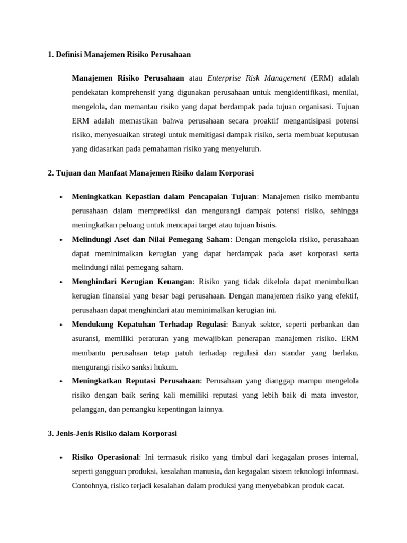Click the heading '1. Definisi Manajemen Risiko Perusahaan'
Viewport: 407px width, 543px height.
[119, 55]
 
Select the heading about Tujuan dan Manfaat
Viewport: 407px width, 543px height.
[151, 172]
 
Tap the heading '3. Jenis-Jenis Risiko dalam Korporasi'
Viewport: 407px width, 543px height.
[112, 433]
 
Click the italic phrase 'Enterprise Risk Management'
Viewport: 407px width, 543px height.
[256, 78]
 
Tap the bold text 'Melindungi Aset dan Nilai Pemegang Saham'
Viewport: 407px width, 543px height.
[151, 239]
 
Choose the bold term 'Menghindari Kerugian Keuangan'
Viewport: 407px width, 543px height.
[132, 281]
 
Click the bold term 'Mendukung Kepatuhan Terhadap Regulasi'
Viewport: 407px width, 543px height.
[149, 324]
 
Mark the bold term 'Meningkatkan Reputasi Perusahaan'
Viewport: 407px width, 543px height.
[136, 381]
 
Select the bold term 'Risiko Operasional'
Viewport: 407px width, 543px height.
[105, 457]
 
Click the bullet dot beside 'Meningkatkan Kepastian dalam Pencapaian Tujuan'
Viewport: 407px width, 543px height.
[61, 197]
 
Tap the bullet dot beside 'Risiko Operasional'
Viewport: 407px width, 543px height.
[61, 457]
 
